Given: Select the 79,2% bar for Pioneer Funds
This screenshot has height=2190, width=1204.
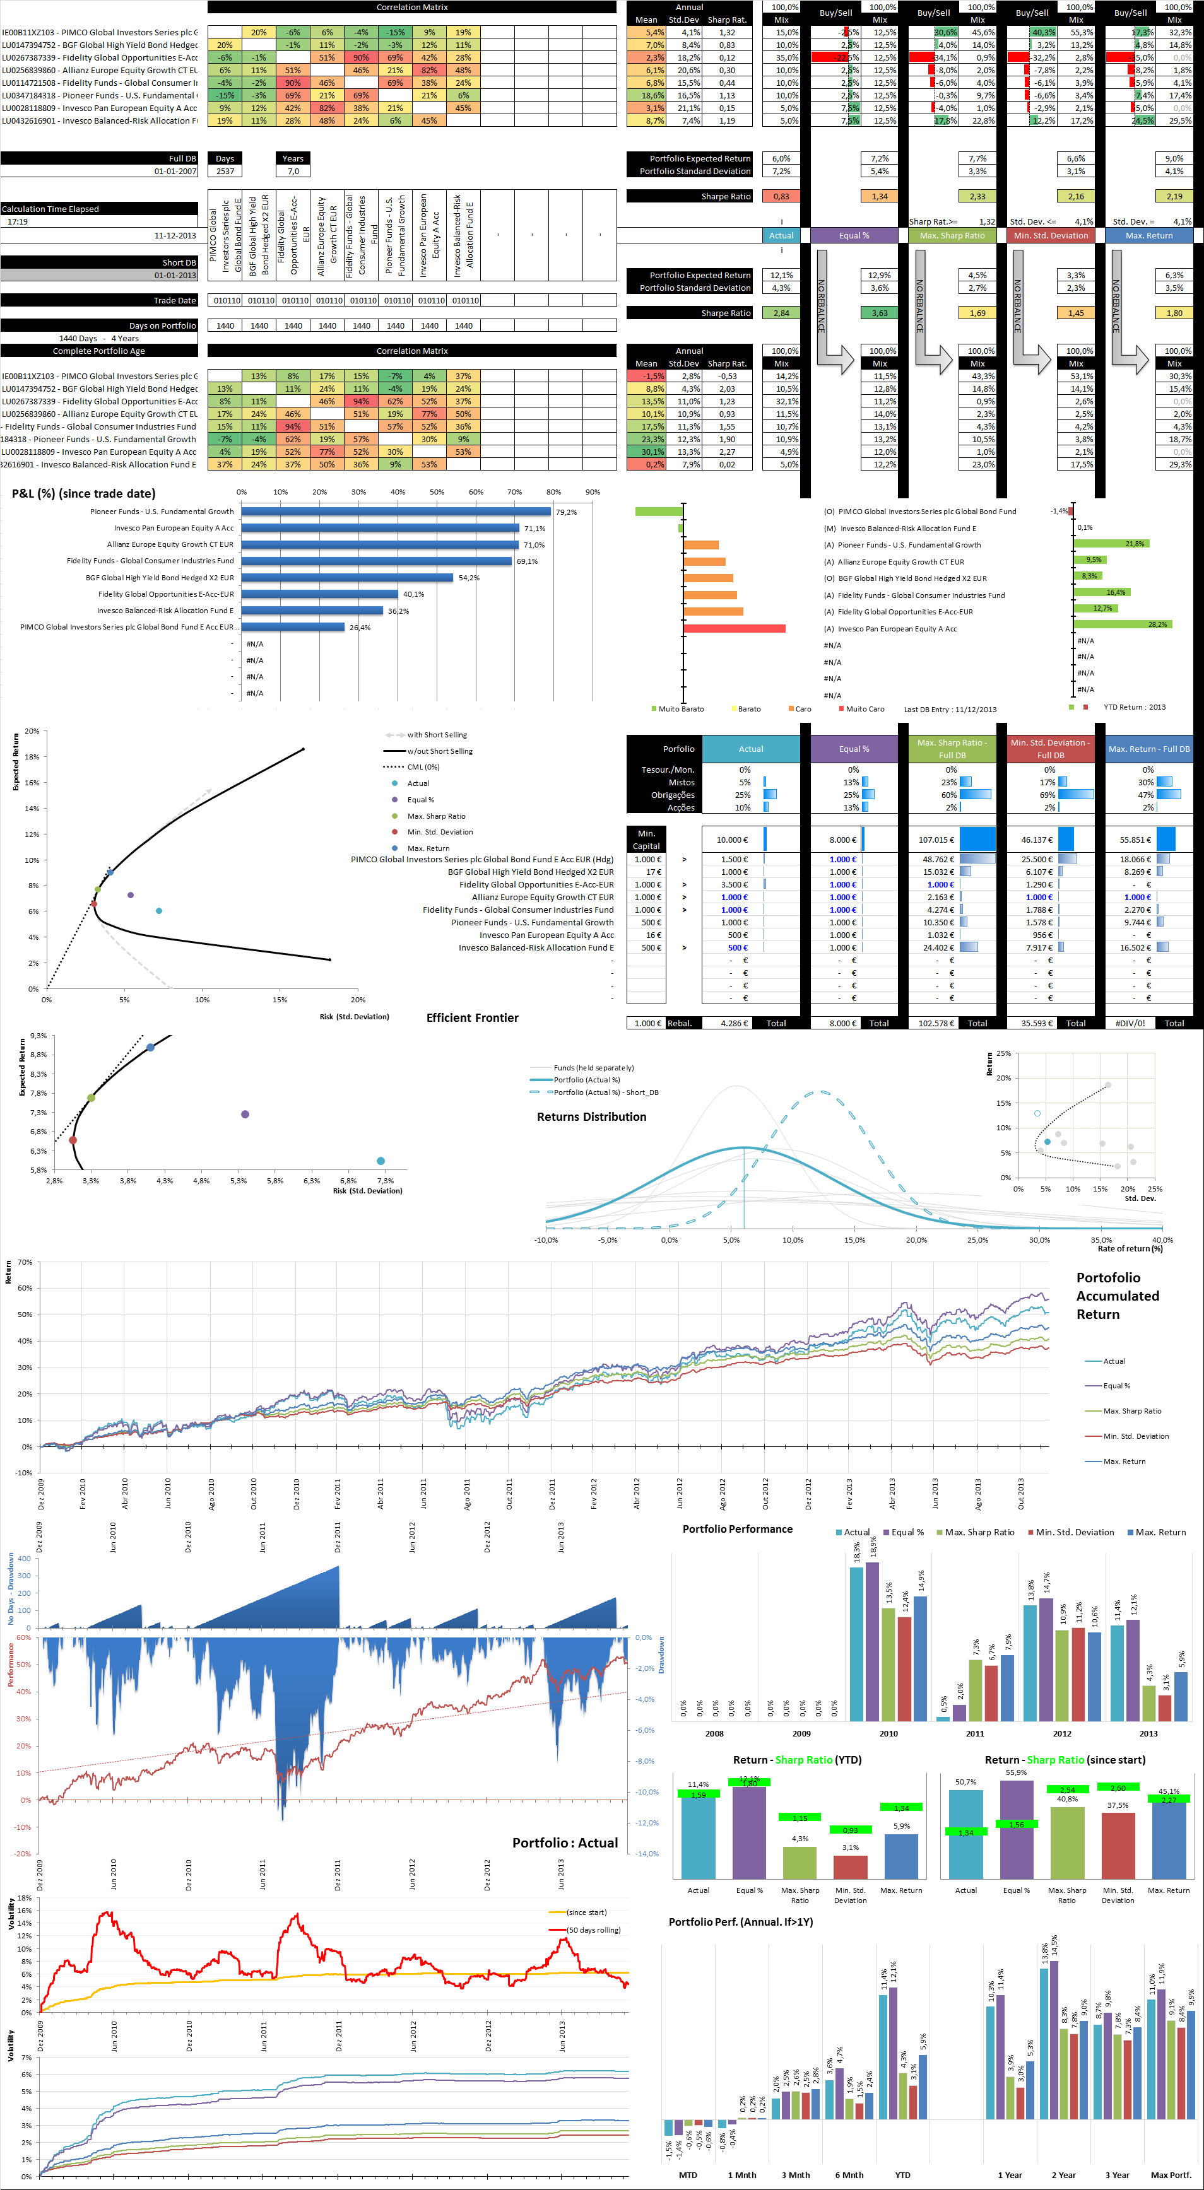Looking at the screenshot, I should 396,512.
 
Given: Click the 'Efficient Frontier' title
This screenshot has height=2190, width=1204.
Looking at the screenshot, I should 472,1017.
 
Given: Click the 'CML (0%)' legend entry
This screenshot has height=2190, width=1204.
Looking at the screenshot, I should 423,767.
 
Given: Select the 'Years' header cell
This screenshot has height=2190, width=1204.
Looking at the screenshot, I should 293,159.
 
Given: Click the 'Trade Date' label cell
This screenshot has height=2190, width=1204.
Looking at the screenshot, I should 174,301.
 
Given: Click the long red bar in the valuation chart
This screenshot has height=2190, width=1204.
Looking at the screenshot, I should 735,629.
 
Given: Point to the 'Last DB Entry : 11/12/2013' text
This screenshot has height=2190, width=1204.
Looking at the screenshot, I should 950,710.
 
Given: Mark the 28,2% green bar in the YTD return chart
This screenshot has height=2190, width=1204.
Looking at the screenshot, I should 1123,625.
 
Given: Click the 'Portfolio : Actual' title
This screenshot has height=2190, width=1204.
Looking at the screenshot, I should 565,1843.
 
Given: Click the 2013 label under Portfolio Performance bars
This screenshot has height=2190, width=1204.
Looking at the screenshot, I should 1148,1733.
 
